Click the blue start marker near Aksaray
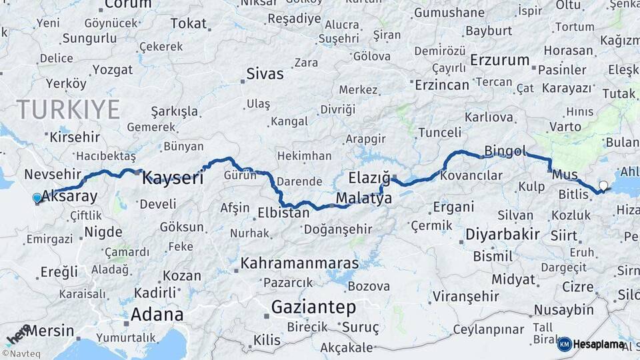click(37, 198)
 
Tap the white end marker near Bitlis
click(603, 186)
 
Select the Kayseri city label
click(173, 178)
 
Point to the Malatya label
click(363, 198)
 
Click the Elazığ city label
click(369, 178)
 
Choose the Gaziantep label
click(313, 308)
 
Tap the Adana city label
click(157, 314)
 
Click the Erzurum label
click(499, 60)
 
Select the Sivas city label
click(265, 73)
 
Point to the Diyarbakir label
click(502, 235)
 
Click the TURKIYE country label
click(68, 109)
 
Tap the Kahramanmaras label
click(299, 263)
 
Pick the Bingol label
click(505, 151)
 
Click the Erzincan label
click(441, 85)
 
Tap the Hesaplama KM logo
click(591, 344)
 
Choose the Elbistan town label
click(283, 213)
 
